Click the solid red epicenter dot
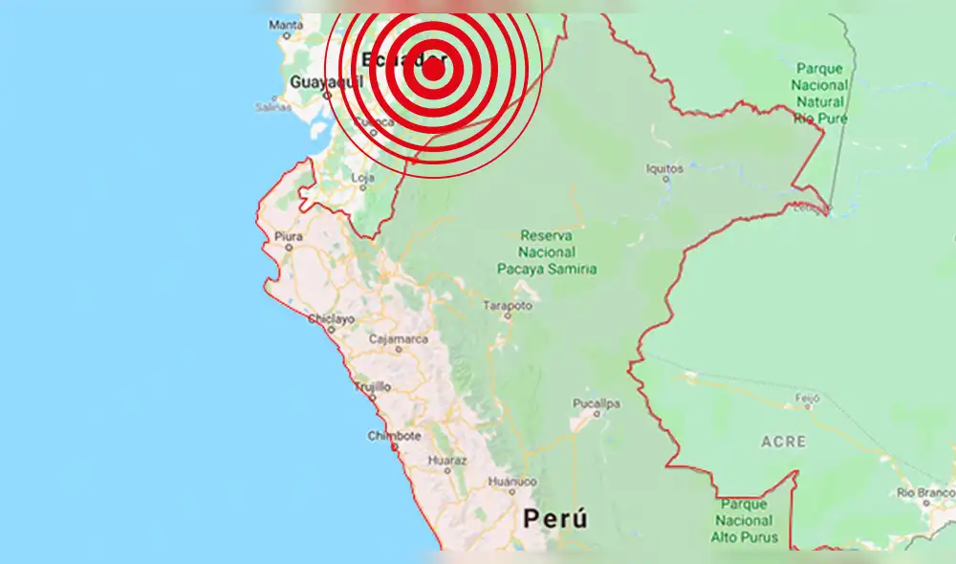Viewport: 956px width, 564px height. [433, 68]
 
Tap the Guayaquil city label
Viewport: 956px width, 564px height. [316, 82]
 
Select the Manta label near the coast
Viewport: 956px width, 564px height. [285, 27]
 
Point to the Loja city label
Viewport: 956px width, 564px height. [363, 178]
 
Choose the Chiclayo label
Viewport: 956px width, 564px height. [331, 318]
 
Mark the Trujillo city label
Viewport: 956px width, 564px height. [372, 386]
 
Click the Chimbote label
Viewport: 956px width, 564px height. [394, 436]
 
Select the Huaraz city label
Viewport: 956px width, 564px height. [446, 460]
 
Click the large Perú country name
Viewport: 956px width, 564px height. [554, 519]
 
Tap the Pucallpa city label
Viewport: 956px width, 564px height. [597, 403]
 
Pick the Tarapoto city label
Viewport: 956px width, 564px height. [507, 306]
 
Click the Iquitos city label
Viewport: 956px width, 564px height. [664, 168]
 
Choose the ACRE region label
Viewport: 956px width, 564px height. [783, 442]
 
